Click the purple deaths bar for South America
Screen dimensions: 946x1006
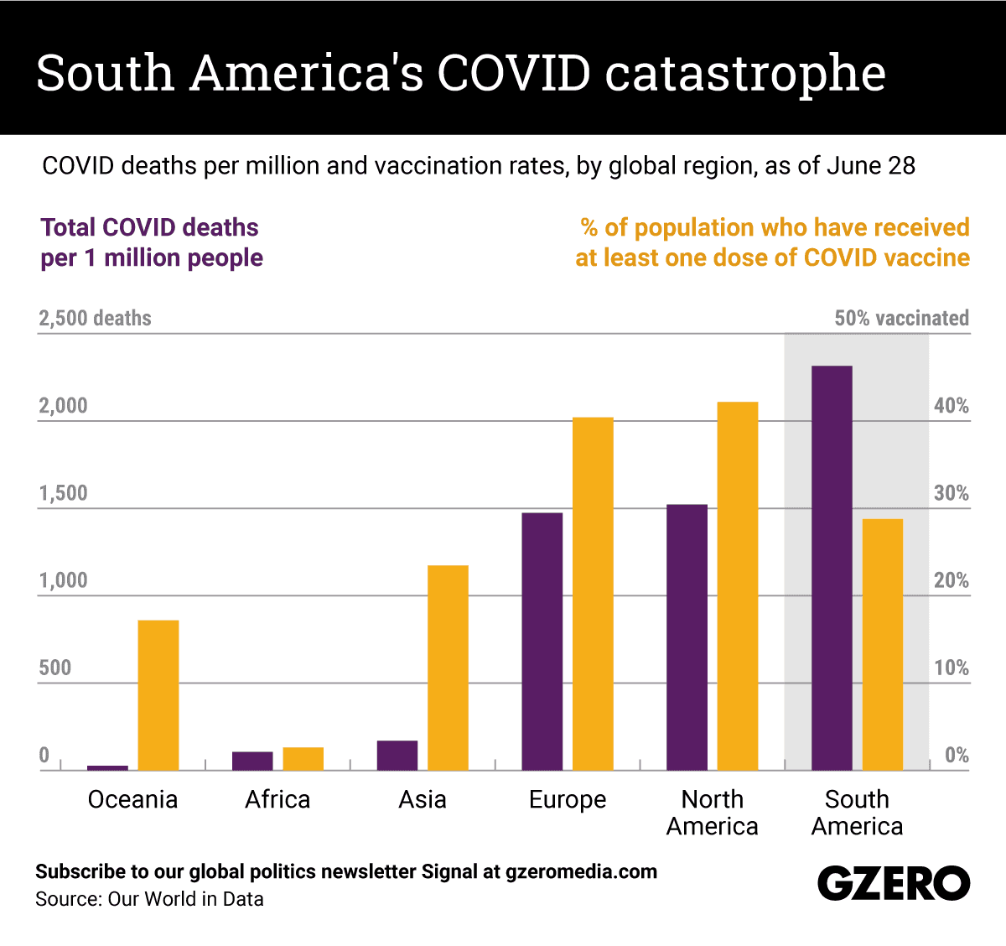(832, 568)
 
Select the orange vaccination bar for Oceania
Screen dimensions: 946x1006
(158, 694)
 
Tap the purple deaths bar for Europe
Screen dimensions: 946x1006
(542, 641)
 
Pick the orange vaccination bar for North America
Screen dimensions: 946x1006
(738, 585)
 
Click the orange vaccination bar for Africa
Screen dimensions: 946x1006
(303, 759)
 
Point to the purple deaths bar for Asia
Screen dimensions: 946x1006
(397, 756)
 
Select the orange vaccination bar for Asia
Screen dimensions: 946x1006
(448, 668)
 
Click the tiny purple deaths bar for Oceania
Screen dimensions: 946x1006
(108, 767)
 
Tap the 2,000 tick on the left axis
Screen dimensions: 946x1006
(63, 406)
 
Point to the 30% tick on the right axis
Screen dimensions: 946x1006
(951, 493)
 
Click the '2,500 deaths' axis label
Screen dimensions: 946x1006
(95, 319)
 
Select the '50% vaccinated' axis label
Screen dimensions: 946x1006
(901, 319)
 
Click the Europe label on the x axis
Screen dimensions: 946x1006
(568, 799)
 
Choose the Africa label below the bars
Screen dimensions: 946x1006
(277, 799)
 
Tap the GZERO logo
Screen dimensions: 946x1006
(894, 883)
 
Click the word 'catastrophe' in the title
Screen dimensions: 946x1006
(745, 74)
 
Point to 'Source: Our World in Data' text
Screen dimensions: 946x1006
(149, 899)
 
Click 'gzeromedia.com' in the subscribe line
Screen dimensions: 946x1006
(581, 871)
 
